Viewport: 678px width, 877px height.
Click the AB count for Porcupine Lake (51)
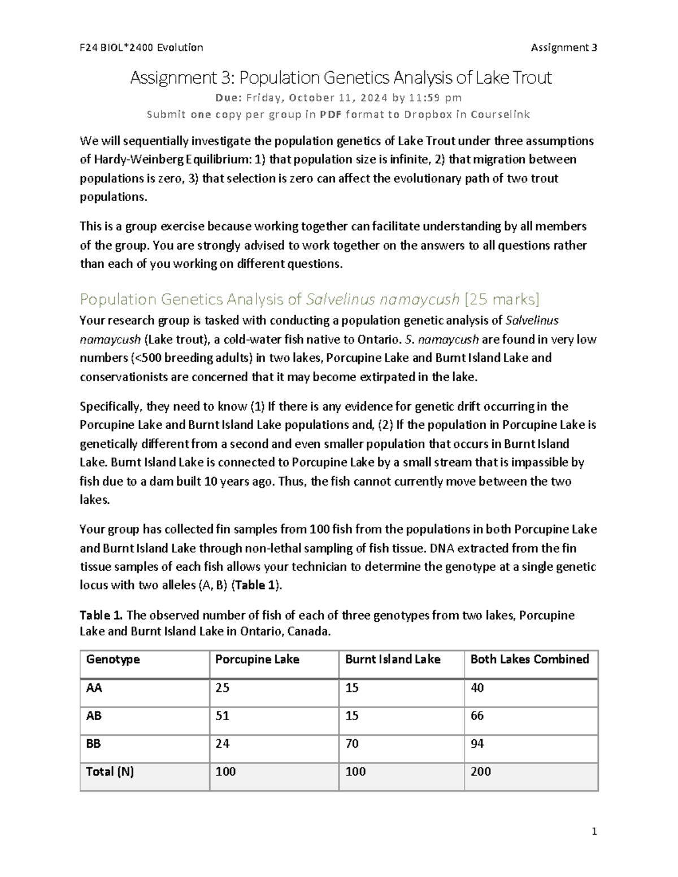pos(222,716)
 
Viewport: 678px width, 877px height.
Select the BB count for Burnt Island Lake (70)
pos(352,744)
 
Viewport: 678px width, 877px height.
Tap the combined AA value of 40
pos(477,688)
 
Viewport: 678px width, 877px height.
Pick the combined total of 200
pos(481,771)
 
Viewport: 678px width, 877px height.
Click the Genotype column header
pos(113,660)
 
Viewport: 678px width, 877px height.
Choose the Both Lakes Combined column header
pos(529,660)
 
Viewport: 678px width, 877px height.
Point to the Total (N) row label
pos(110,771)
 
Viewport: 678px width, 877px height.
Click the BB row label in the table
pos(93,744)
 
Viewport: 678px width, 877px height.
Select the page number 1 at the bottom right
pos(594,831)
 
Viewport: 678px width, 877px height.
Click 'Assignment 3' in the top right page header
pos(564,47)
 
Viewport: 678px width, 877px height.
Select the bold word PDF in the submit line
pos(331,115)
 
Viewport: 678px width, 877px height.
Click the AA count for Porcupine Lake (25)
pos(222,688)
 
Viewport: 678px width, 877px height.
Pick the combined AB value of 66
pos(477,716)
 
